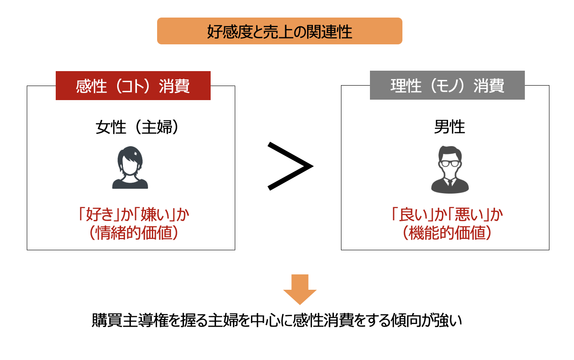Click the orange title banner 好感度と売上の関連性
pyautogui.click(x=280, y=31)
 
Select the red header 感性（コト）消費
pyautogui.click(x=133, y=86)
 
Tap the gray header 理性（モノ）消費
pyautogui.click(x=447, y=86)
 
